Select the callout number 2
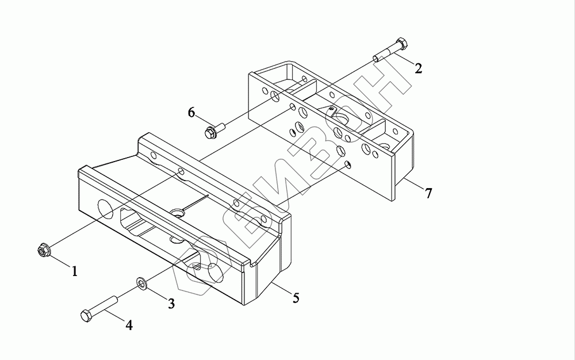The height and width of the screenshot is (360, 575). [x=419, y=68]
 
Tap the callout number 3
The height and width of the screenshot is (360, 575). [x=171, y=304]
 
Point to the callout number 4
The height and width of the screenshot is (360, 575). [x=129, y=325]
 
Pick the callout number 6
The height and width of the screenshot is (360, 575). [x=191, y=112]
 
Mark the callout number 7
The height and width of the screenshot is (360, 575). [x=428, y=193]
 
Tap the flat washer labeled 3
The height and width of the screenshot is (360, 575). [x=141, y=282]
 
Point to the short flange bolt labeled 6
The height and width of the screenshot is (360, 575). [x=213, y=131]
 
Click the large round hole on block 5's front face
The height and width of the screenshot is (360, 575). [x=106, y=208]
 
